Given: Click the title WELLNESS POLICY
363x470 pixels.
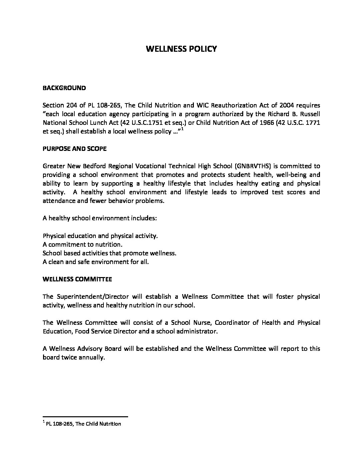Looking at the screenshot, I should (181, 49).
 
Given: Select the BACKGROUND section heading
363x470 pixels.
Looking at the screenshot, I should (64, 88).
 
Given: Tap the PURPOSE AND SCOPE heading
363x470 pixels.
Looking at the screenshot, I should (74, 149).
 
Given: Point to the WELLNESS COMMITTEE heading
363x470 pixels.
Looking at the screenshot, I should (77, 279).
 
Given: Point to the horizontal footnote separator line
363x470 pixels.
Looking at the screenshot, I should (85, 417).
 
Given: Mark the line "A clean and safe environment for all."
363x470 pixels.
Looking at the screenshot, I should (95, 262).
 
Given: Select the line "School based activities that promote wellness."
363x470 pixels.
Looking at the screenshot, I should (109, 253).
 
